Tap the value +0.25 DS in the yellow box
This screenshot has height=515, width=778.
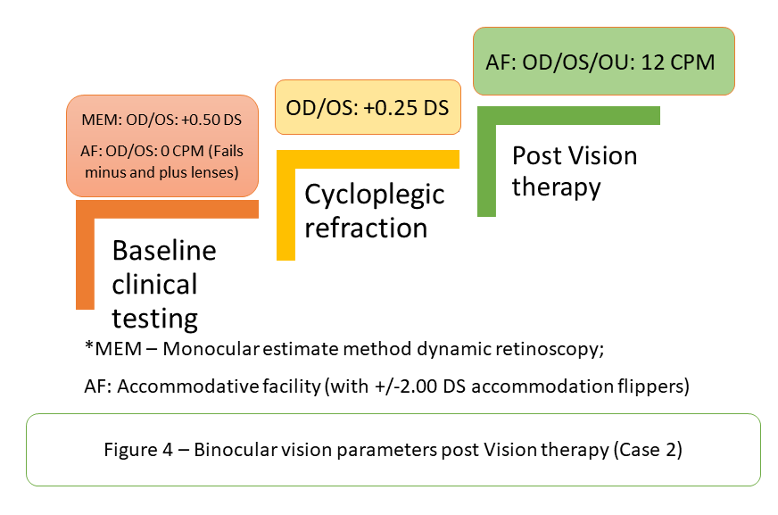point(406,108)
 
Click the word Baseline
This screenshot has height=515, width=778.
point(164,250)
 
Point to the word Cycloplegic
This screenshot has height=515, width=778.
point(374,195)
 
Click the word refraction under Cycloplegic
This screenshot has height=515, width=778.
point(366,228)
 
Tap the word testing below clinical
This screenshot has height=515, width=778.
point(155,319)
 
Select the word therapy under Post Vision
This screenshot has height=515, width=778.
point(556,188)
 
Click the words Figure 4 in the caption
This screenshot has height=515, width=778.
point(138,450)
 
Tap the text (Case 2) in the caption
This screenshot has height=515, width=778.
point(648,450)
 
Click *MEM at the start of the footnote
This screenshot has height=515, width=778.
point(113,348)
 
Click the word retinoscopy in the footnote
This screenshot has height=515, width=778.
point(550,349)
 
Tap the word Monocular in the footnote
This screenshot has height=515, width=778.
point(211,349)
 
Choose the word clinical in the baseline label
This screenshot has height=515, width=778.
point(155,285)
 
